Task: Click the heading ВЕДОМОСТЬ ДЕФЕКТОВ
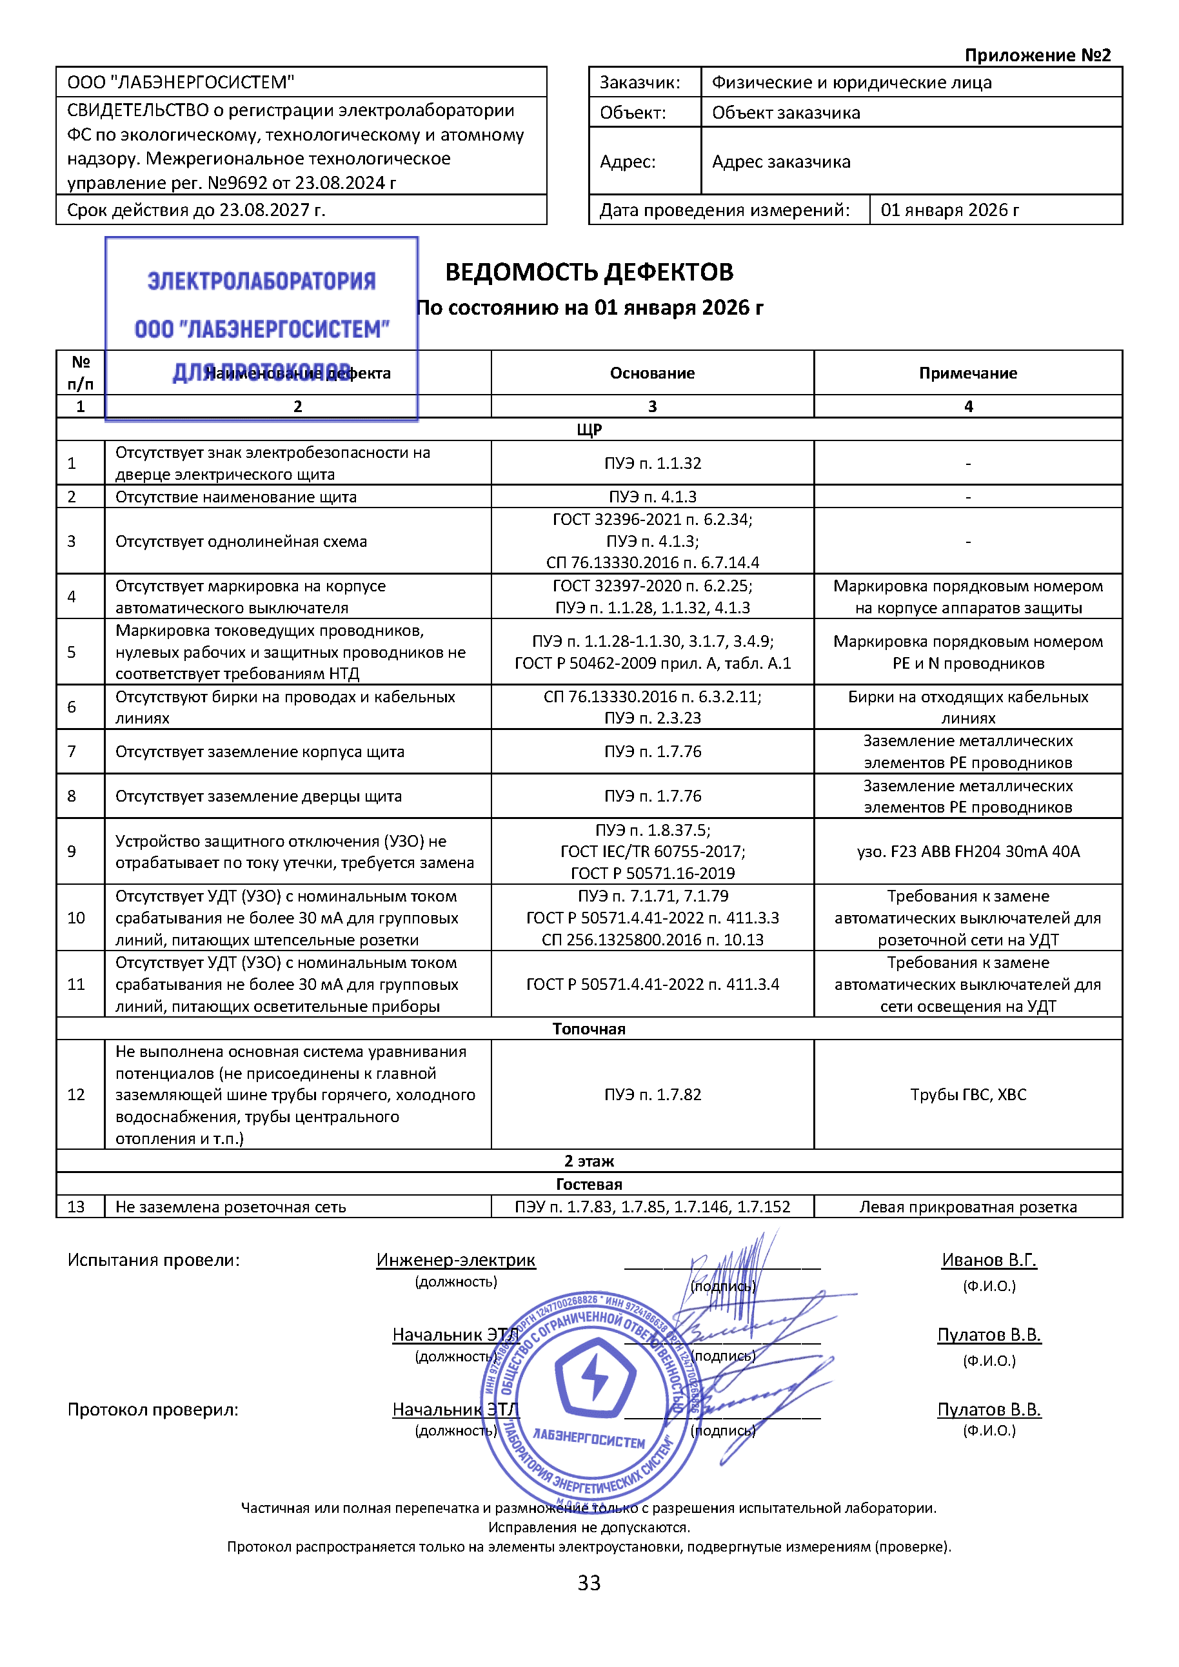[589, 272]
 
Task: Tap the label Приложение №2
[1036, 55]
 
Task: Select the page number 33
[589, 1582]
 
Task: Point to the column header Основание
[652, 373]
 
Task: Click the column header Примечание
[967, 373]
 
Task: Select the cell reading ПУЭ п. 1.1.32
[652, 463]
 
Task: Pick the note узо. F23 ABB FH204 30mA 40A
[967, 851]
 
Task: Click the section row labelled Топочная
[589, 1029]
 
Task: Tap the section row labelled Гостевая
[589, 1184]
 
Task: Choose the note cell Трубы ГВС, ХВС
[967, 1094]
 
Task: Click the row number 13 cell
[76, 1207]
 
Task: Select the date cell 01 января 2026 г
[949, 210]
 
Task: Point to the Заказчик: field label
[640, 83]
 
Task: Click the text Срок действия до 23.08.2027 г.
[196, 210]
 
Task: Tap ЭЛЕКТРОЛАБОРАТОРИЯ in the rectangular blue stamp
[261, 281]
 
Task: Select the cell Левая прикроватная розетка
[967, 1207]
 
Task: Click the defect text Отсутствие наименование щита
[236, 497]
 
